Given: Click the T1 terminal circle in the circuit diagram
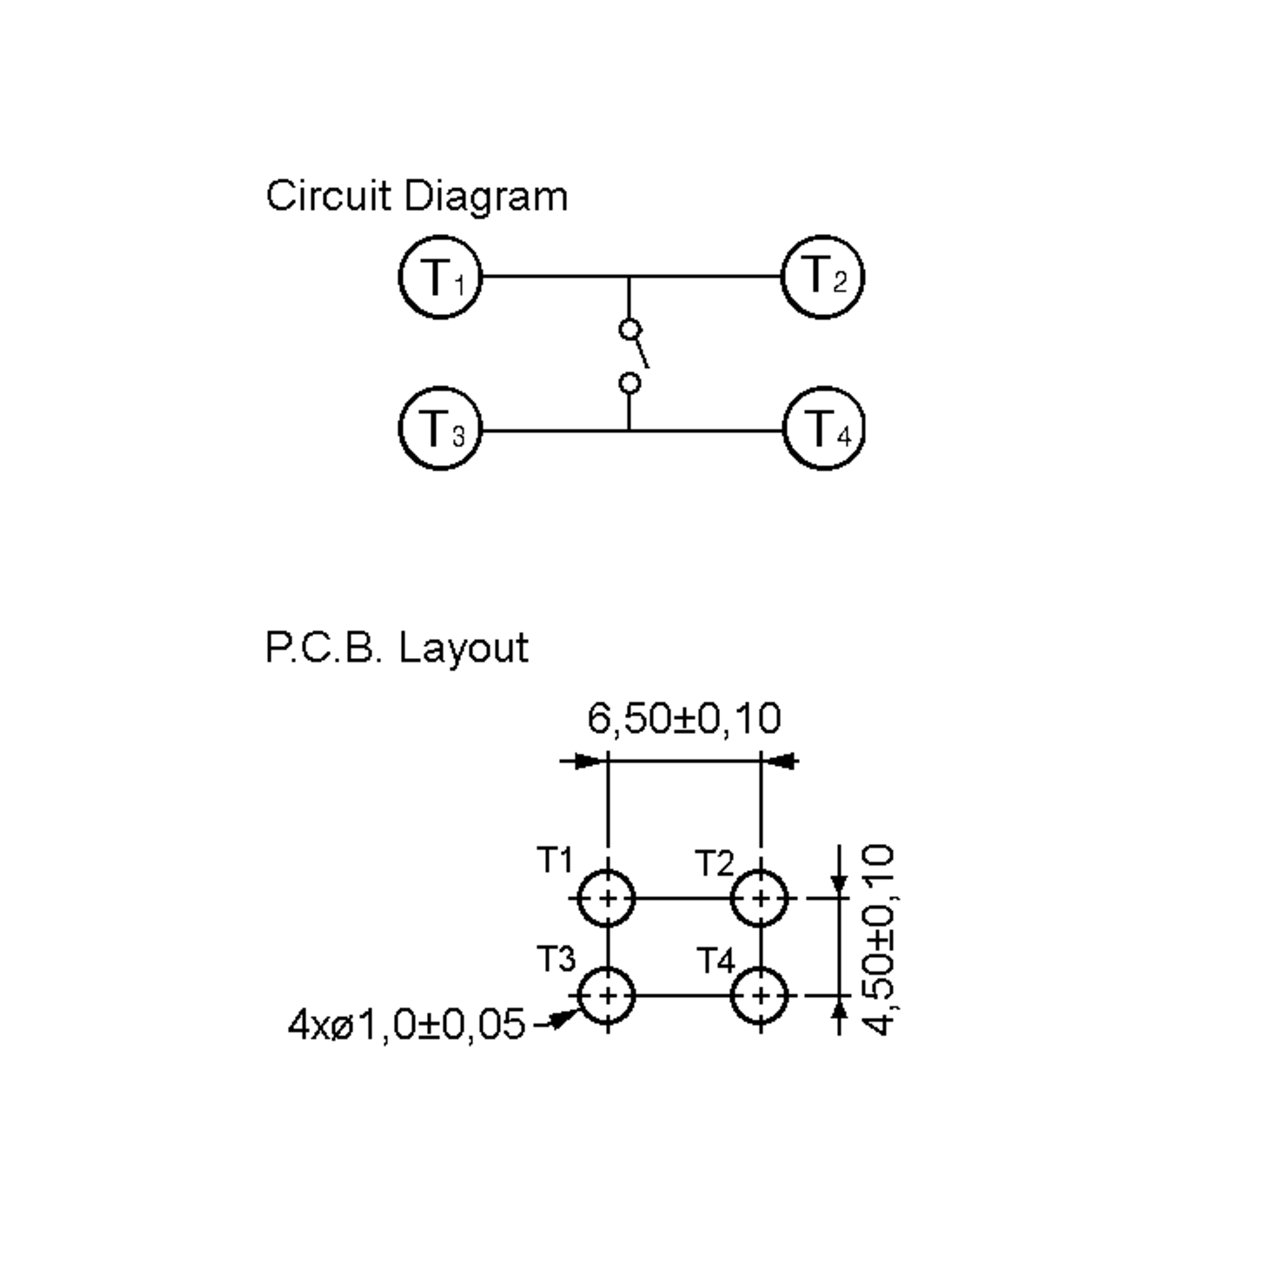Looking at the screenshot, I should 440,277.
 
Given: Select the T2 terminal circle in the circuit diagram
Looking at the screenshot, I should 823,277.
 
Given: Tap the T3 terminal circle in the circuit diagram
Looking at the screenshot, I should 440,429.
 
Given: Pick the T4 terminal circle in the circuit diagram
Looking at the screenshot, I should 824,429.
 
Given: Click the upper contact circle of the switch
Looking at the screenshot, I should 630,329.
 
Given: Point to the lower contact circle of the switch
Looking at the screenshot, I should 630,383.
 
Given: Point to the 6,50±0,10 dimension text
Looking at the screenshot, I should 684,718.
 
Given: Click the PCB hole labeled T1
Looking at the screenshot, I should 607,898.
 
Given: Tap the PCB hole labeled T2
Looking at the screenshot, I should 761,898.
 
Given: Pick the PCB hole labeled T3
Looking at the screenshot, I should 607,996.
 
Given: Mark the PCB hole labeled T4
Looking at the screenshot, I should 761,996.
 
